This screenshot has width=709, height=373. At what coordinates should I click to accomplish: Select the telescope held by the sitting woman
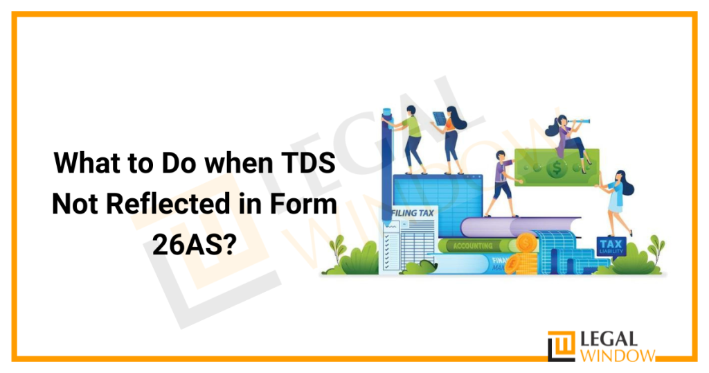(x=582, y=121)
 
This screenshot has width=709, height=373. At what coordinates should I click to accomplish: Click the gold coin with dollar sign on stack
(x=526, y=242)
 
